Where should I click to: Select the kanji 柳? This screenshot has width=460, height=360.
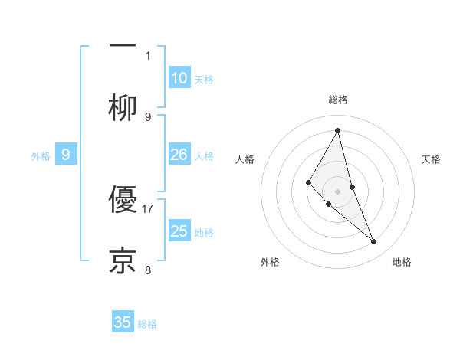point(123,107)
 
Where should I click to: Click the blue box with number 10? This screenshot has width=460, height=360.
point(179,78)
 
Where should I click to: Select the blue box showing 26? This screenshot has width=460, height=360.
point(179,155)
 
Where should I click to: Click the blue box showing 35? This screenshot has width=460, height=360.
point(123,322)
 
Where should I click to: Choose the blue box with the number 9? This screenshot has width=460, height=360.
point(66,155)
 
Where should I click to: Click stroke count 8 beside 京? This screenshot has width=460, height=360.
point(148,270)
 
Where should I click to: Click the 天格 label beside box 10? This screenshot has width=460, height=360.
point(203,80)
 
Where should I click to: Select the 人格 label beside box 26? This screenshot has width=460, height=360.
point(203,156)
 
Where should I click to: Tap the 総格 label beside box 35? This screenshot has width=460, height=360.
point(147,324)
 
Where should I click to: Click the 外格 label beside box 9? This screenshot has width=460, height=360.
point(41,156)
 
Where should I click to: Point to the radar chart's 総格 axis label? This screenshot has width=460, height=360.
point(337,100)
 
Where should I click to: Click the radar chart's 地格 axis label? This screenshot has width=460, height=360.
point(402,262)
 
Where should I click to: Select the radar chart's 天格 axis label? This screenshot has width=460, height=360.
point(432,159)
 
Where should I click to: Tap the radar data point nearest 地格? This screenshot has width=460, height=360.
point(374,242)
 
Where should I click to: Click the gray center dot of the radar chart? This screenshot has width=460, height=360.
point(337,191)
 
